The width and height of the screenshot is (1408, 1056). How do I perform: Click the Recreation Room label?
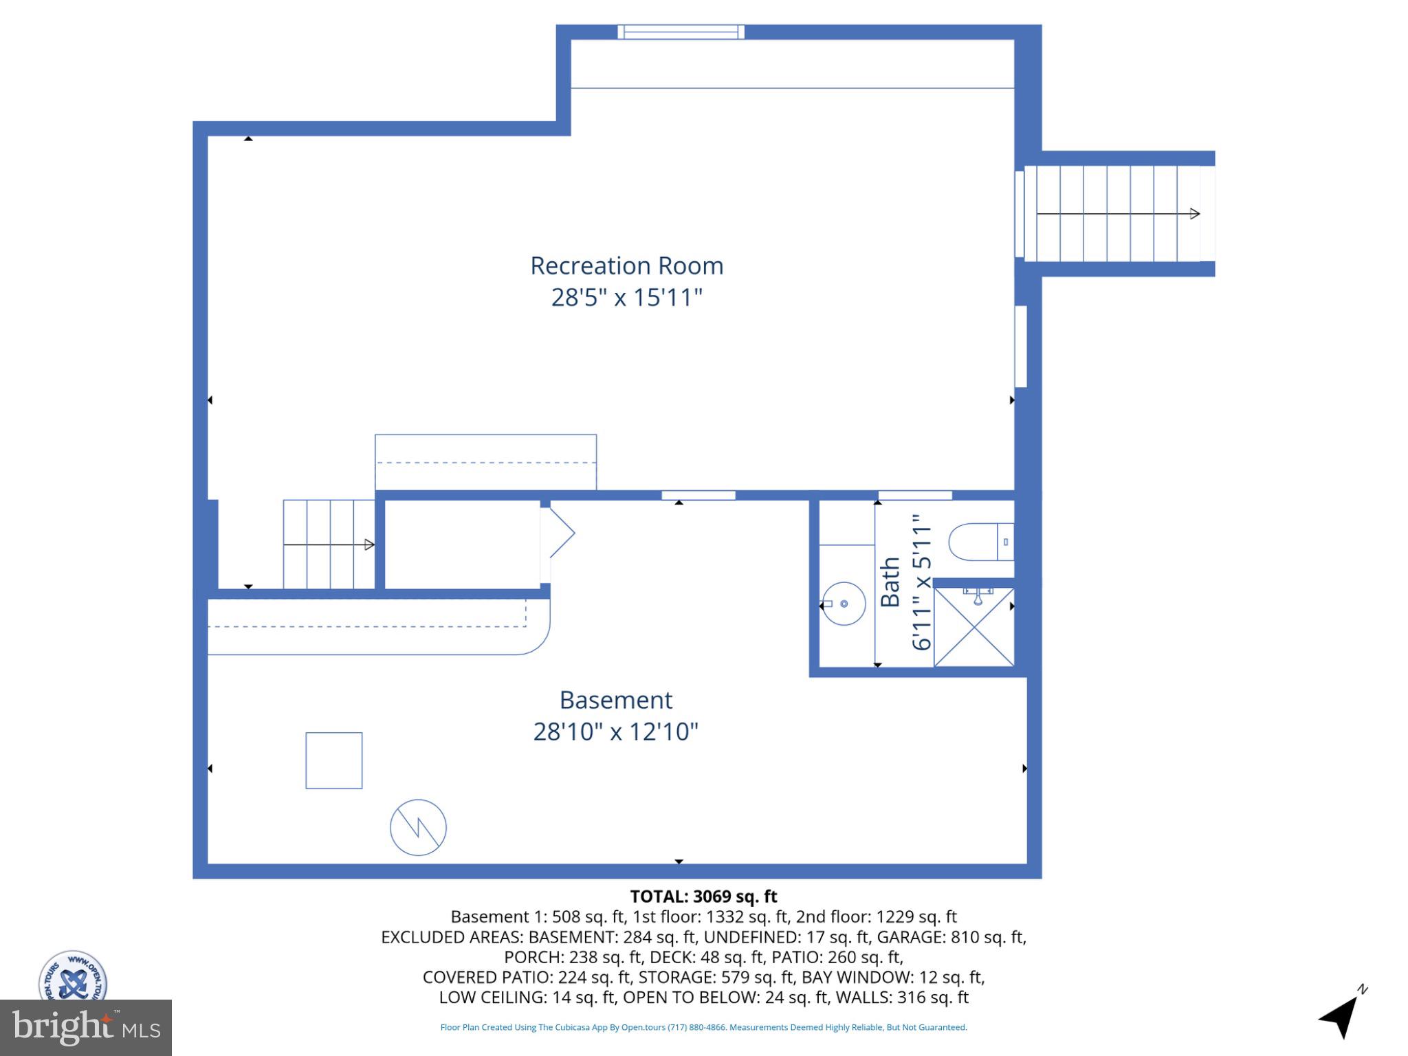(626, 266)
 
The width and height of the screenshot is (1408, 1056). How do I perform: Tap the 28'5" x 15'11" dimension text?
(626, 298)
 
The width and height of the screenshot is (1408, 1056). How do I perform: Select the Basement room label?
(615, 700)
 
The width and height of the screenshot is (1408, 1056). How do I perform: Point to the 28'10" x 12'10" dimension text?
(615, 731)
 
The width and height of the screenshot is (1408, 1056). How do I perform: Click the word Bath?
(890, 582)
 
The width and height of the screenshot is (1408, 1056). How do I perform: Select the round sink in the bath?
(843, 604)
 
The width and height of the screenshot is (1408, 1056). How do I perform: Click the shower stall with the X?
(973, 627)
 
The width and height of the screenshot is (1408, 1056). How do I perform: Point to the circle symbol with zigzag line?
(418, 827)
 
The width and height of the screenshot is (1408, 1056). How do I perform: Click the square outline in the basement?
(333, 760)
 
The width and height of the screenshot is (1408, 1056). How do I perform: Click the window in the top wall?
(681, 32)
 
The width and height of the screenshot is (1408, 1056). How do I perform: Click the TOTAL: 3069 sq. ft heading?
(703, 896)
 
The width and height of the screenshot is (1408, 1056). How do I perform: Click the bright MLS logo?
(85, 1027)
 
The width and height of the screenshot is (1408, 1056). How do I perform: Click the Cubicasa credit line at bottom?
(703, 1027)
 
